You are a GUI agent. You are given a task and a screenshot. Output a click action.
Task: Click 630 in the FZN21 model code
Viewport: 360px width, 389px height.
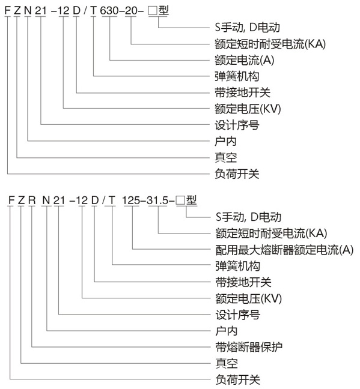click(109, 10)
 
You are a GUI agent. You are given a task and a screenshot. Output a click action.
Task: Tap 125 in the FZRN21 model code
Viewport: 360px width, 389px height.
click(131, 201)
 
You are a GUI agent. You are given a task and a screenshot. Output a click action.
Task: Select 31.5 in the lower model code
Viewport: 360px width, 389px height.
click(157, 201)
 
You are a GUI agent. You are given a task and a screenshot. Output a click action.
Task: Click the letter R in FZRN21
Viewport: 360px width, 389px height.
click(32, 201)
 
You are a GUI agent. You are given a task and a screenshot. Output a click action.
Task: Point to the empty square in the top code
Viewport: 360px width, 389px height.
click(152, 11)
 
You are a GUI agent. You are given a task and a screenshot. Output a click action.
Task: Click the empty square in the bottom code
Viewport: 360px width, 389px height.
click(180, 201)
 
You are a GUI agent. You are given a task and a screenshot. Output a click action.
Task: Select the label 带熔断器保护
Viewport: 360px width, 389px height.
click(249, 347)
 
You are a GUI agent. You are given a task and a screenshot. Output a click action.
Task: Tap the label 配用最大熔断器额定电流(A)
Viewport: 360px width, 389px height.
click(284, 250)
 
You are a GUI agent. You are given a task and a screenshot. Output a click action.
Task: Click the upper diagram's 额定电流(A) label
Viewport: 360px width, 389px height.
click(245, 60)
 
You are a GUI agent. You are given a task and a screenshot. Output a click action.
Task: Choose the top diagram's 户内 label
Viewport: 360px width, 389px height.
click(225, 142)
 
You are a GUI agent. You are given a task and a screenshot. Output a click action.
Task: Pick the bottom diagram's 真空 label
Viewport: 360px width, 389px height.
click(227, 363)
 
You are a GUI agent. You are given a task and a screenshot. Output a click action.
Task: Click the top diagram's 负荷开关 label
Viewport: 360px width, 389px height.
click(237, 174)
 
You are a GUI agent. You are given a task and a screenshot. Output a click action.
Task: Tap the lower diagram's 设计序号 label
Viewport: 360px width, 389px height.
click(237, 315)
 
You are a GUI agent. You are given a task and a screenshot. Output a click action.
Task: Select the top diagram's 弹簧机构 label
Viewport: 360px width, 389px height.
click(237, 76)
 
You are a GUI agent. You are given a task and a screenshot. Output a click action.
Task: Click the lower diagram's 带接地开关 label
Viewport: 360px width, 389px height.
click(243, 282)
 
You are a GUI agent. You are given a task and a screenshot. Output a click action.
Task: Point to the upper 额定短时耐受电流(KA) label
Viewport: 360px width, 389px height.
click(270, 44)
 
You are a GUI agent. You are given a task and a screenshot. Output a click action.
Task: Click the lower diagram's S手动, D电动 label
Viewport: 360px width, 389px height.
click(248, 217)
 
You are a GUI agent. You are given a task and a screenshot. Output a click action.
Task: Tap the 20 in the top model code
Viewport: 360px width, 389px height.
click(130, 10)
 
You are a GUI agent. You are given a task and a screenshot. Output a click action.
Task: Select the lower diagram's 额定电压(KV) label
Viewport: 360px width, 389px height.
click(248, 298)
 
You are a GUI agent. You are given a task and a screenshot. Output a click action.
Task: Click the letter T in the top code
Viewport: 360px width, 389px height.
click(93, 10)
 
